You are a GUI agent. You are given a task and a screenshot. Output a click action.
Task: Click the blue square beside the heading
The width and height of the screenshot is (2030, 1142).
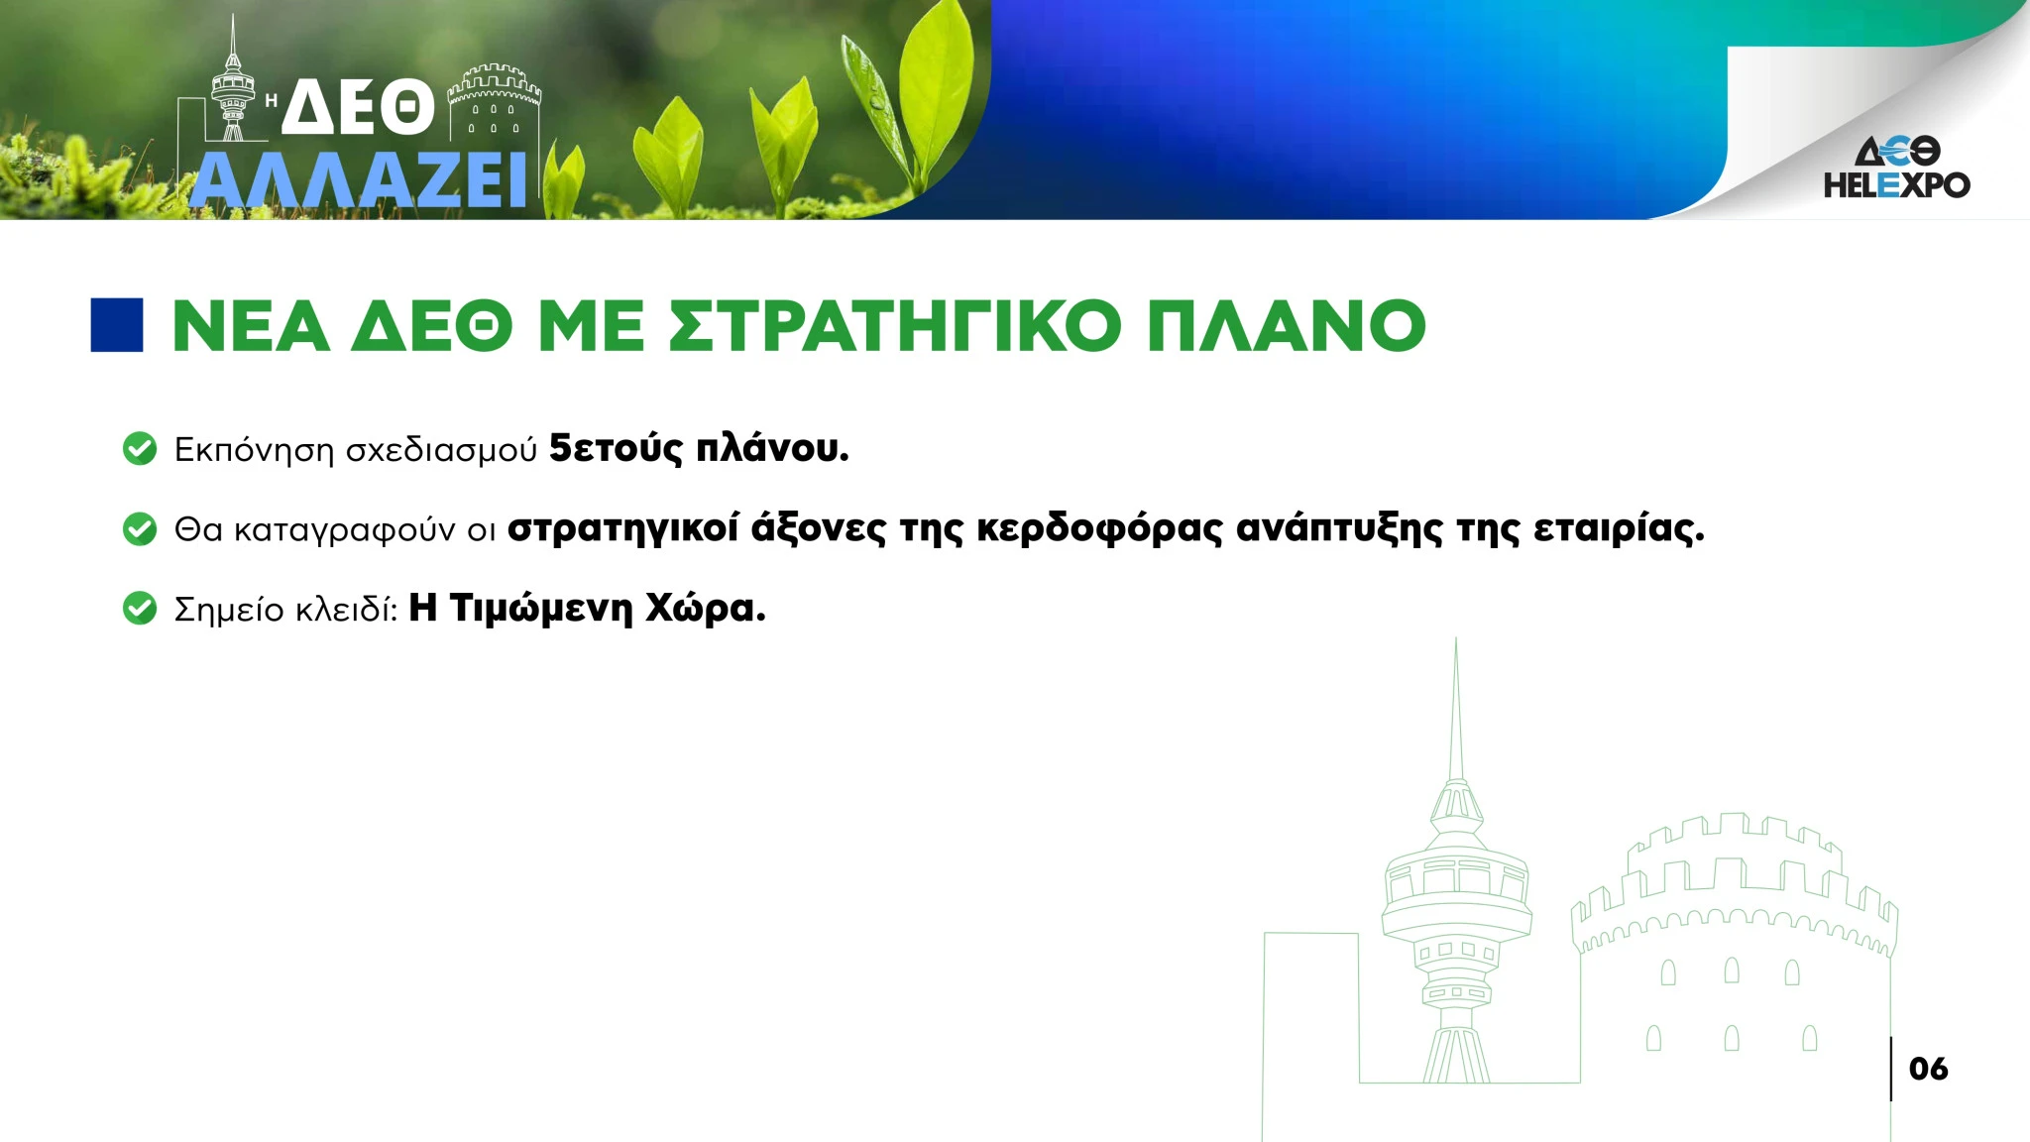pos(117,325)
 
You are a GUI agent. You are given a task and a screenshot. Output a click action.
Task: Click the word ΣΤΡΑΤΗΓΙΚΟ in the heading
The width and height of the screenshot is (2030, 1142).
pos(896,326)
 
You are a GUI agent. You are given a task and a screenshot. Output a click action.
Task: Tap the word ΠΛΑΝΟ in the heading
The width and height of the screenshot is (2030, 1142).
pos(1287,326)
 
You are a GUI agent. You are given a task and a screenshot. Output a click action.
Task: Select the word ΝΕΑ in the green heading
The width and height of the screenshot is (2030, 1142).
pos(251,326)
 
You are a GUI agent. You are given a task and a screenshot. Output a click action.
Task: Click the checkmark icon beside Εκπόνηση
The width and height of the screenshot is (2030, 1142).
pos(140,449)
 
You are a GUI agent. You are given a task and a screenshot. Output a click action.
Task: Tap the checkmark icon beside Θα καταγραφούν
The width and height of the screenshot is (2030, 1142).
pos(140,529)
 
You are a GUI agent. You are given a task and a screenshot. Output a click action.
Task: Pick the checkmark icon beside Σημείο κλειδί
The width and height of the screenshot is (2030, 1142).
pos(140,609)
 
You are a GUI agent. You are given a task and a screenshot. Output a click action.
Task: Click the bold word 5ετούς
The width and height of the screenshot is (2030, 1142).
pos(617,449)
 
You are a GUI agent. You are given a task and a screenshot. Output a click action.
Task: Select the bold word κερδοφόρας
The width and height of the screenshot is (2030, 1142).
pos(1100,529)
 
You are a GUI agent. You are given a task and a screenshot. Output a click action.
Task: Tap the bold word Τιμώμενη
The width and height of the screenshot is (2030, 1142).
pos(541,608)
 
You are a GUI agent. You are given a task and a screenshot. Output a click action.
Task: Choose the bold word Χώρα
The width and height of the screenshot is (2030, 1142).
pos(706,609)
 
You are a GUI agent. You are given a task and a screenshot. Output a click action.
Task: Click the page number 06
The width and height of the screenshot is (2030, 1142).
pos(1928,1069)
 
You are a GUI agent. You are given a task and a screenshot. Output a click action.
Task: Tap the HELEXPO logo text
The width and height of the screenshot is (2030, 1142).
pos(1897,184)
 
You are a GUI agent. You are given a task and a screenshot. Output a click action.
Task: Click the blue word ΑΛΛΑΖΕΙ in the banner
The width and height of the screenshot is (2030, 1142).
pos(358,180)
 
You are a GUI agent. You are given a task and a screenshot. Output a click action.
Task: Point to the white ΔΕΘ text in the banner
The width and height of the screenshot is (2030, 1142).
pos(358,107)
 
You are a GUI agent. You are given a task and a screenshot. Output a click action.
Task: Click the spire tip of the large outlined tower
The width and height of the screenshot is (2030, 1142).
pos(1455,639)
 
